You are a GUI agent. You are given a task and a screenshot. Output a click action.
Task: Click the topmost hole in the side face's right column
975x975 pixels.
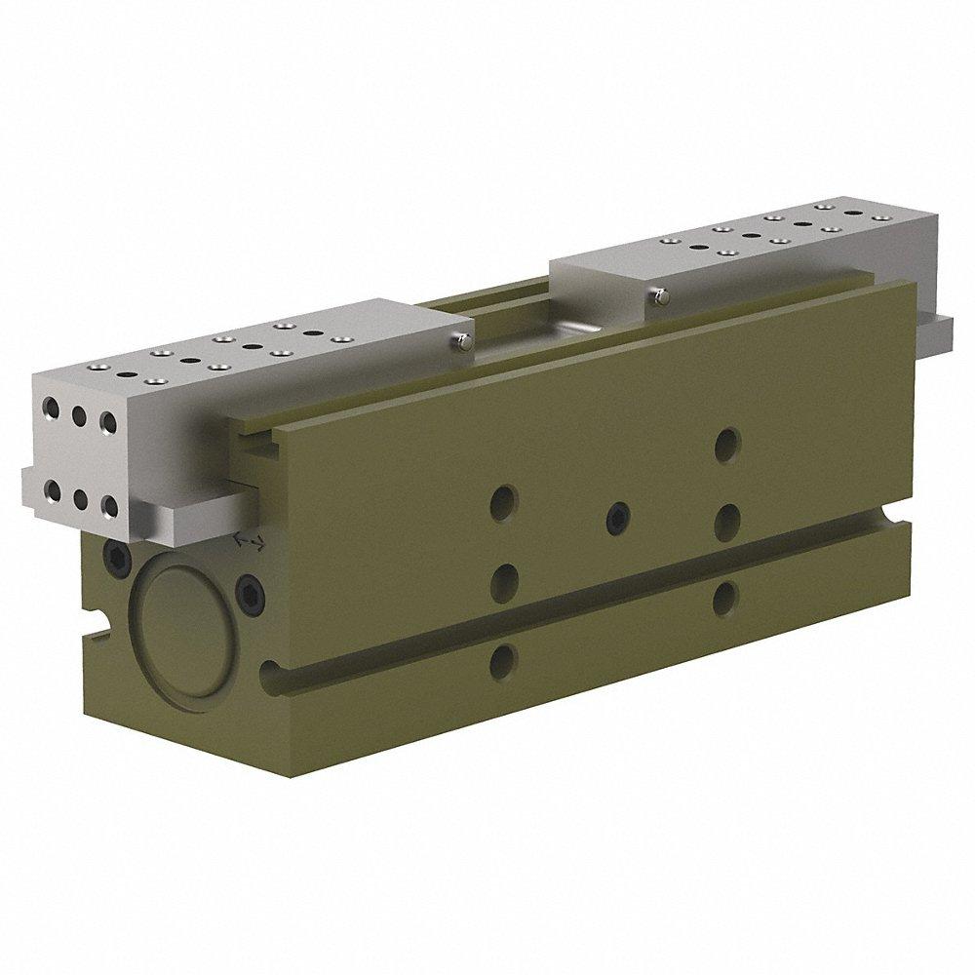tap(724, 445)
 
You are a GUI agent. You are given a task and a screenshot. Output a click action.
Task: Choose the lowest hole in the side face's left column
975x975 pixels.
tap(502, 661)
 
